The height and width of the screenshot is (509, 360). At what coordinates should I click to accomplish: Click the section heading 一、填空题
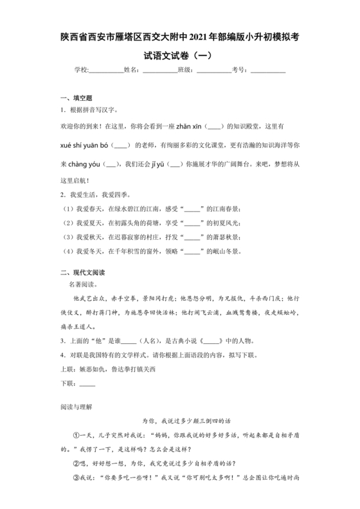76,98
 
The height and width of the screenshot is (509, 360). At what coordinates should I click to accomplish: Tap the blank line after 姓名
159,71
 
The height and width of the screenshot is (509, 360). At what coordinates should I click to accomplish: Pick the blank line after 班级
213,71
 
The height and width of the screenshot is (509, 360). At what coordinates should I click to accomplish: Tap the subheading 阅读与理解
75,407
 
